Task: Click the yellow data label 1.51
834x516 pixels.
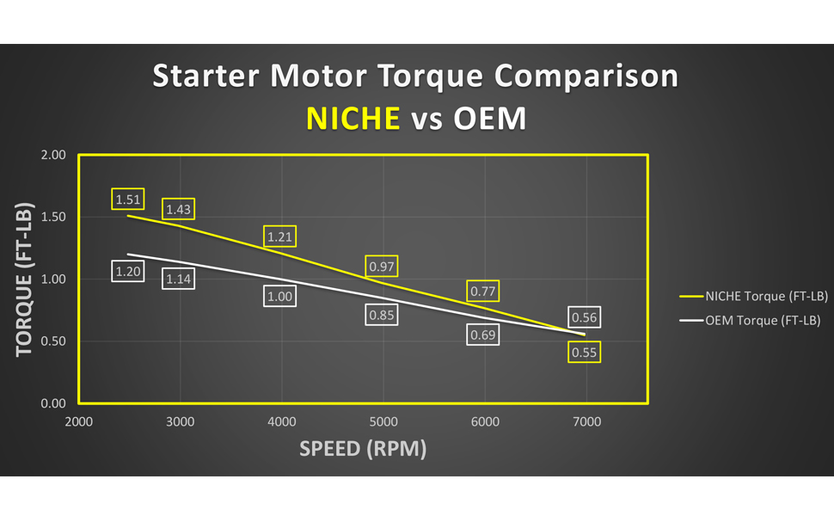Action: pyautogui.click(x=127, y=199)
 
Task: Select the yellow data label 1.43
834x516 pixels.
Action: pyautogui.click(x=178, y=209)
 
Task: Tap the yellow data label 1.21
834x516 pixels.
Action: pyautogui.click(x=279, y=236)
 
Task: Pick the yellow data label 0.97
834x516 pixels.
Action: pyautogui.click(x=382, y=266)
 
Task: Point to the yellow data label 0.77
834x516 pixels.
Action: pyautogui.click(x=483, y=291)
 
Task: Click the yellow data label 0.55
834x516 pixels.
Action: pyautogui.click(x=584, y=352)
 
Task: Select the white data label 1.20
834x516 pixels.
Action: pyautogui.click(x=127, y=271)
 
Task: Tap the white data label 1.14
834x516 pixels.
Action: pyautogui.click(x=178, y=279)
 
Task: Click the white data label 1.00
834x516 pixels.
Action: pyautogui.click(x=279, y=296)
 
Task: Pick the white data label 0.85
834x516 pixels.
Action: pyautogui.click(x=382, y=315)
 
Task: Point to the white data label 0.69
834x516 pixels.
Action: pyautogui.click(x=483, y=335)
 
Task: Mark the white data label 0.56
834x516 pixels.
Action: pyautogui.click(x=584, y=317)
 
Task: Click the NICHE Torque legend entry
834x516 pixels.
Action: pyautogui.click(x=754, y=297)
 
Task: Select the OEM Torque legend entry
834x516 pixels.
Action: pyautogui.click(x=750, y=320)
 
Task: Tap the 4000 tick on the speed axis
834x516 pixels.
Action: pyautogui.click(x=282, y=422)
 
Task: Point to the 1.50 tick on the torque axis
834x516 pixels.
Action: pyautogui.click(x=53, y=217)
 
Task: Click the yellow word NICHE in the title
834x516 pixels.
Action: pyautogui.click(x=353, y=118)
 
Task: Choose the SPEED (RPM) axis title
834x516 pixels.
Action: pyautogui.click(x=363, y=448)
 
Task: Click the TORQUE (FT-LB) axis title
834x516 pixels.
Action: pyautogui.click(x=24, y=279)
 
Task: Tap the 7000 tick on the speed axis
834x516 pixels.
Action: pyautogui.click(x=586, y=422)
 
